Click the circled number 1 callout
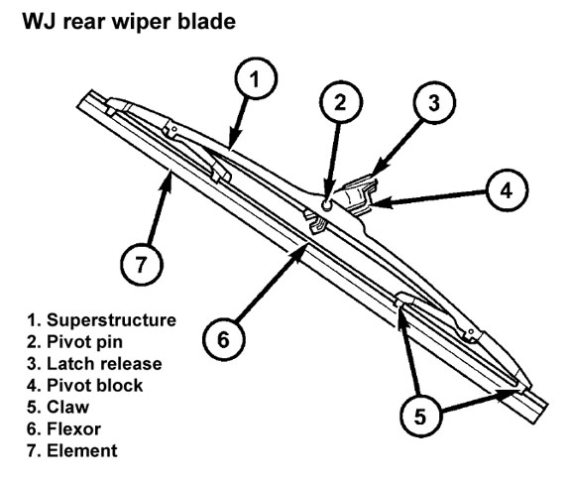(256, 78)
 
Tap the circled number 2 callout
(341, 102)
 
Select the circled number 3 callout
(434, 102)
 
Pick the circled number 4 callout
(507, 189)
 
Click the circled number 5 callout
(420, 416)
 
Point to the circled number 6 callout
(224, 339)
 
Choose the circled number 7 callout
(142, 264)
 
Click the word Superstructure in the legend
(111, 320)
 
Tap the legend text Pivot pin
(84, 342)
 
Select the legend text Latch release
(104, 364)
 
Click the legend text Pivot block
(95, 386)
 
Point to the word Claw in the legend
(67, 408)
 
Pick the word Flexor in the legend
(73, 428)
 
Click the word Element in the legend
(82, 450)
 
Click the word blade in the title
(206, 21)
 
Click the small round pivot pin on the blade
(327, 204)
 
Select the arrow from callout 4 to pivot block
(429, 197)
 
